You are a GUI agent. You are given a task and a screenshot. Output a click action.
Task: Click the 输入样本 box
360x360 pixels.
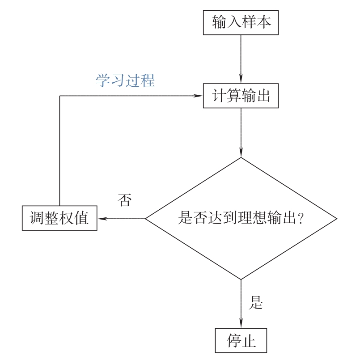[241, 22]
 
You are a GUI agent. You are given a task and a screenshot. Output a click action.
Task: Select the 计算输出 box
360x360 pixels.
[241, 96]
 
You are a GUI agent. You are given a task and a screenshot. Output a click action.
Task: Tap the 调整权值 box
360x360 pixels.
[59, 218]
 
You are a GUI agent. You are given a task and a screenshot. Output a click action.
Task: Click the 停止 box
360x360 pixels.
[241, 341]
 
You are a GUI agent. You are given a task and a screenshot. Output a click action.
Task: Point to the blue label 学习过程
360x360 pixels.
[125, 81]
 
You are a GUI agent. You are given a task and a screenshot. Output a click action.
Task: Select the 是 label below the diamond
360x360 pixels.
[255, 303]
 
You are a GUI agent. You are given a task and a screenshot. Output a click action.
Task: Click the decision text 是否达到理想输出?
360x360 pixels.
[241, 219]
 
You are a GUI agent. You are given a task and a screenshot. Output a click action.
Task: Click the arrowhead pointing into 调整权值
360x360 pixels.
[101, 219]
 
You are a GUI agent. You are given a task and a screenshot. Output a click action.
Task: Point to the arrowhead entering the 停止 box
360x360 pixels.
[241, 325]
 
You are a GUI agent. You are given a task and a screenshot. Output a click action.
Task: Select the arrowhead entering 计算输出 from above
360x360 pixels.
[241, 80]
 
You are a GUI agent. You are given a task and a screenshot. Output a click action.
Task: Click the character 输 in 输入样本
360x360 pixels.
[220, 22]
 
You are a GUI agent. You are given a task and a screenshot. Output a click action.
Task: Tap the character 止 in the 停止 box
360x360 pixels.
[249, 341]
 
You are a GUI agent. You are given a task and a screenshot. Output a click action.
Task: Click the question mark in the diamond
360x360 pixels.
[301, 219]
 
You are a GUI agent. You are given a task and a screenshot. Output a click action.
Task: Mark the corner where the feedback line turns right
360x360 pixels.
[60, 96]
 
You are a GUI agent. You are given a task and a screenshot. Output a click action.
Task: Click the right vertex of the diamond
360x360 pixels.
[336, 219]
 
